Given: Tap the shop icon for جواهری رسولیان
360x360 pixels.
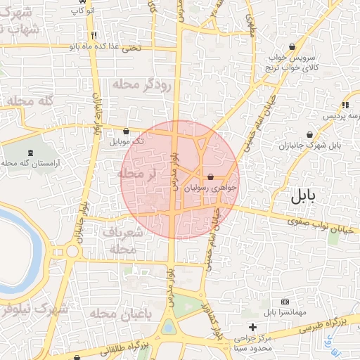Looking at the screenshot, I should (210, 176).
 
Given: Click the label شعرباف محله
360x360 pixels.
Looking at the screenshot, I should (122, 240).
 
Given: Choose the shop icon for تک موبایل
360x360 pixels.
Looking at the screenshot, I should (126, 131).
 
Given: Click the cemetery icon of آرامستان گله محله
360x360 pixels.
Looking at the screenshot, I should (30, 152).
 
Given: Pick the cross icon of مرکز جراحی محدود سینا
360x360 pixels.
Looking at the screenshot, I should (253, 327).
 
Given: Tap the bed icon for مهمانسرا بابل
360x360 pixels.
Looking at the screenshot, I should (284, 301).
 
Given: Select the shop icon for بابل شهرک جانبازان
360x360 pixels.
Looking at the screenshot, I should (310, 134).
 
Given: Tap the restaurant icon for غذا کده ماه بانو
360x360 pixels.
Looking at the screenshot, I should (94, 35).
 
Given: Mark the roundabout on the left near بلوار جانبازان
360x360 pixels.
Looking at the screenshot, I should (72, 250).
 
